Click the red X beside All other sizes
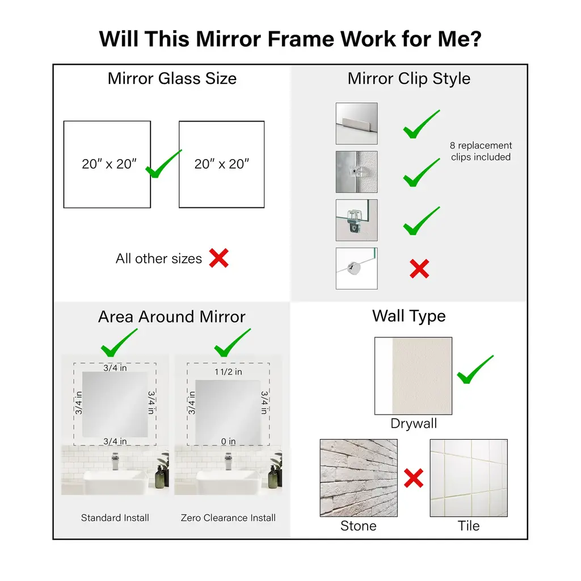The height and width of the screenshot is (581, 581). coord(218,258)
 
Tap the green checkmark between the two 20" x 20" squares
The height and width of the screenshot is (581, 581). coord(163,164)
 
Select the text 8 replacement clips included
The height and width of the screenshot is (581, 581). coord(481,151)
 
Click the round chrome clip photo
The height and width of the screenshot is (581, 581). coord(356,268)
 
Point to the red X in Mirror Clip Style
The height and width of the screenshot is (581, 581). coord(419,269)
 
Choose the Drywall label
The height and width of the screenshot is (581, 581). coord(414,423)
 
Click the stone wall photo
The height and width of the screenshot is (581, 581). coord(359,478)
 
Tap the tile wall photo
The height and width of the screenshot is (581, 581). coord(469,478)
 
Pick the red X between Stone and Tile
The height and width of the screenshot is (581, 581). coord(414,478)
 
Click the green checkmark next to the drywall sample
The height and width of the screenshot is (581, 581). coord(475,370)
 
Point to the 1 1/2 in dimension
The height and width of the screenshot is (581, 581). coord(228,372)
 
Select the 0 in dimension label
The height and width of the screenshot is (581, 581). coord(228,441)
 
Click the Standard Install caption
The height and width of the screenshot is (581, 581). coord(115,517)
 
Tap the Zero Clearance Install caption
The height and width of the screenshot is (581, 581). coord(228,517)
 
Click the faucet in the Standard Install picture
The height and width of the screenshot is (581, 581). coord(115,461)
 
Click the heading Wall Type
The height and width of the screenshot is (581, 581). coord(409,316)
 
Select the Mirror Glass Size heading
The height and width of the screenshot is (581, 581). coord(172,78)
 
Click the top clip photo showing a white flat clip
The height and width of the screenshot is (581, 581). coord(356,124)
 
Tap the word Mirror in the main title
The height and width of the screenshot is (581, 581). coord(229,39)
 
